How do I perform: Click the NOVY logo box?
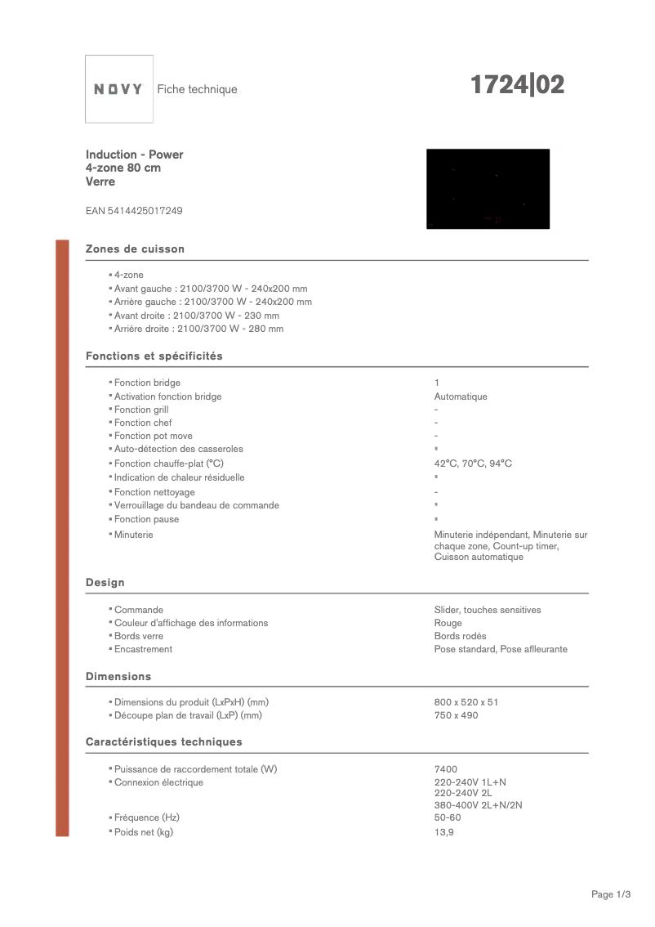[x=119, y=89]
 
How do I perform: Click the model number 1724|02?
[x=516, y=85]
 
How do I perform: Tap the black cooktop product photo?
[x=488, y=189]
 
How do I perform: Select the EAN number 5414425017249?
[x=134, y=211]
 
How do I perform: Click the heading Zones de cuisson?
[x=136, y=249]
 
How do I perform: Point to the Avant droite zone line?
[x=197, y=316]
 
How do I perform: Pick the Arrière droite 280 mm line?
[x=198, y=329]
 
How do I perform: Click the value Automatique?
[x=461, y=396]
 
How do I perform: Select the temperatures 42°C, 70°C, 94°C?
[x=473, y=463]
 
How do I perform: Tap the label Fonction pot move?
[x=154, y=436]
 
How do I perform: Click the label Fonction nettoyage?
[x=154, y=492]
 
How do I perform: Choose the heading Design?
[x=105, y=582]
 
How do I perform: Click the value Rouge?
[x=448, y=623]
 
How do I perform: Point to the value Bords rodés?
[x=460, y=636]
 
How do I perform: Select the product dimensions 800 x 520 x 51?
[x=466, y=702]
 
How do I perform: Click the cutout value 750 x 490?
[x=456, y=715]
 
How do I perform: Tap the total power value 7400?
[x=446, y=769]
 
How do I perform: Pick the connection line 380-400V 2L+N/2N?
[x=478, y=805]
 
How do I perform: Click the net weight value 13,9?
[x=443, y=832]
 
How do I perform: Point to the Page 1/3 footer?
[x=611, y=894]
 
